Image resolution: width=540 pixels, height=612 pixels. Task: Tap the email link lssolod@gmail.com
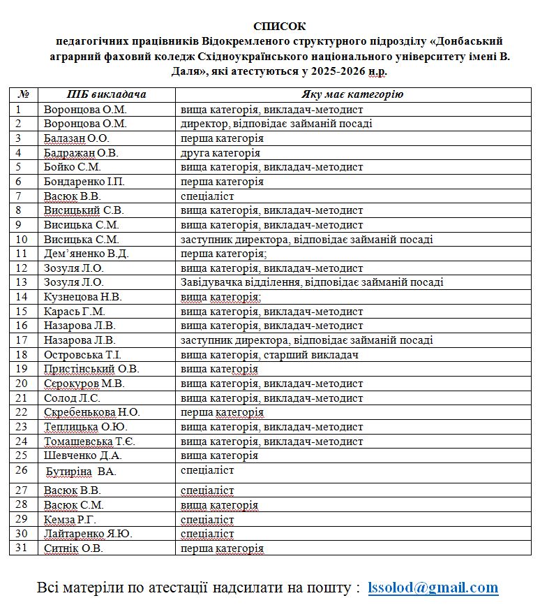433,588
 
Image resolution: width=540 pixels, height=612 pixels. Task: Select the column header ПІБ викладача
106,94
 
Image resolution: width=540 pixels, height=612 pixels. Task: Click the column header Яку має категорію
352,94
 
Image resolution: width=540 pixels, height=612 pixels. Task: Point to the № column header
23,94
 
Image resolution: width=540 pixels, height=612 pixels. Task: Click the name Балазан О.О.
76,138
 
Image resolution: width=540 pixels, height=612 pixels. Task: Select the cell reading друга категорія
220,153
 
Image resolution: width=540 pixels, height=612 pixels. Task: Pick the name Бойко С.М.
73,167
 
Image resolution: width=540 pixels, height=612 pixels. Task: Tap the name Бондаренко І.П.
84,182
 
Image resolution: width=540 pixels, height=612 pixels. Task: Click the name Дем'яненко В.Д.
86,254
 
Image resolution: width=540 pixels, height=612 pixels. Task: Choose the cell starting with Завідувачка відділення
312,282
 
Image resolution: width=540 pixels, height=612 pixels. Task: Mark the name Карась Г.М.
74,312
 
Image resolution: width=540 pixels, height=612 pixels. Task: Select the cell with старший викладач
269,355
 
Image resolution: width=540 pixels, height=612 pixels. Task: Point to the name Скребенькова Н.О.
91,412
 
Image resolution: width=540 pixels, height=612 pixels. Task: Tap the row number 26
22,470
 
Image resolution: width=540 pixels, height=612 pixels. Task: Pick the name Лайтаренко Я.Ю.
88,534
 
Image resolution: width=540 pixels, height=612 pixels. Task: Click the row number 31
22,548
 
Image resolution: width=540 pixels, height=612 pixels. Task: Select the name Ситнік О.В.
73,548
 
